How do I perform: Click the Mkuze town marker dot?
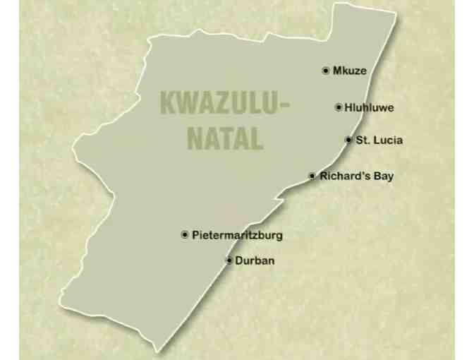[x=325, y=71]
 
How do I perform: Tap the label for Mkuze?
[x=350, y=71]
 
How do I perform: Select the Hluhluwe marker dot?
[x=339, y=107]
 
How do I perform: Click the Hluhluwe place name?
[x=369, y=107]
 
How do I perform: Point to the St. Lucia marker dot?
[x=348, y=140]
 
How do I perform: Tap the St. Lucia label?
[x=379, y=140]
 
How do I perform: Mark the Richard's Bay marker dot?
[x=312, y=176]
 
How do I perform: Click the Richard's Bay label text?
[x=357, y=176]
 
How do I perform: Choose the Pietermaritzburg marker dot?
[x=185, y=234]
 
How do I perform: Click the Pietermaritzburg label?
[x=237, y=234]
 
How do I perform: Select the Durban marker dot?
[x=229, y=260]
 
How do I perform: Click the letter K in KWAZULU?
[x=168, y=103]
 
